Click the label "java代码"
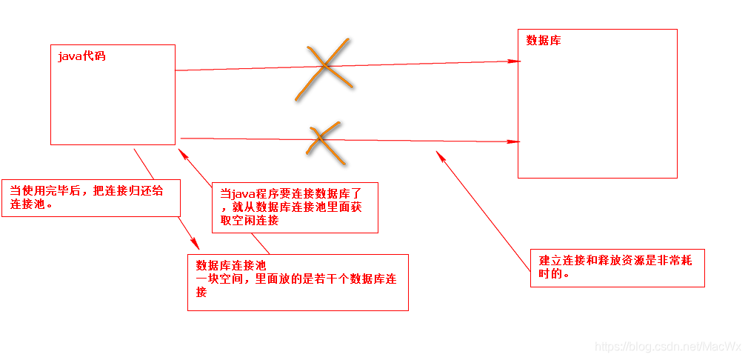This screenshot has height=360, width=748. coord(81,56)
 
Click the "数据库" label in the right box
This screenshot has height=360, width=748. coord(544,41)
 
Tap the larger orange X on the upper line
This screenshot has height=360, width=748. coord(323,67)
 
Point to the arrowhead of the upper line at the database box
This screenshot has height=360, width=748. coord(513,61)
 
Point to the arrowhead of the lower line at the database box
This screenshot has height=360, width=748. coord(513,141)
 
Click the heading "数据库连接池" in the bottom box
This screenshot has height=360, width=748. coord(230,265)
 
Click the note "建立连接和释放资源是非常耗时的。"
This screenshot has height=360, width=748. coord(615,267)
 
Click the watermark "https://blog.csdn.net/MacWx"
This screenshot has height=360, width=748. coord(668,347)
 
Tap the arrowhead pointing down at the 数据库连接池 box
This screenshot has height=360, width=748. coord(196,244)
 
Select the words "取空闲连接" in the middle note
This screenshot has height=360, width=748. coord(250,220)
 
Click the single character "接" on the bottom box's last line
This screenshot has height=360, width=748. coord(201,292)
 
